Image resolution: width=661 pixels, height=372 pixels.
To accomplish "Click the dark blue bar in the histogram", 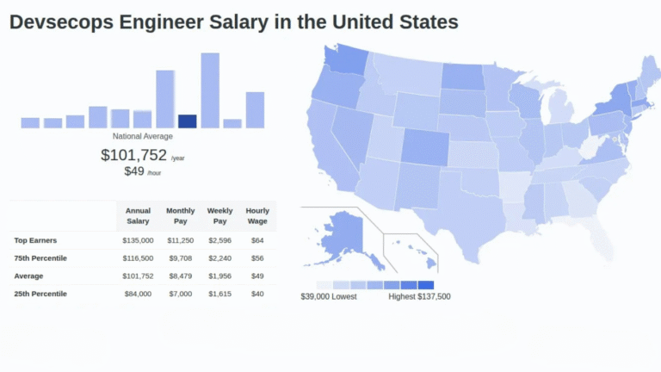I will tap(187, 121).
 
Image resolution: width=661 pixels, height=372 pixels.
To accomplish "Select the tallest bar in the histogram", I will tap(210, 90).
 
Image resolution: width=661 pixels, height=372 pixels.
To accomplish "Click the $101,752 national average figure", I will tap(133, 155).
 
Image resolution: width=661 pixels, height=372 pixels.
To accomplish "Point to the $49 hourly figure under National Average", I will tap(134, 170).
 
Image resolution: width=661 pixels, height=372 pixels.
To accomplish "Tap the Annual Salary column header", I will tap(138, 216).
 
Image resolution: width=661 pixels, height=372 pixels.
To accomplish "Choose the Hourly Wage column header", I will tap(257, 216).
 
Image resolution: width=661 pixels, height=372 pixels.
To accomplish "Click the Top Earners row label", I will tap(35, 240).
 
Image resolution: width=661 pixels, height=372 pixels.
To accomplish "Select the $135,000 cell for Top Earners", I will tap(138, 240).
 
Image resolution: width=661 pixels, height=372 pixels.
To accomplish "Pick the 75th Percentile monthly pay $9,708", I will tap(181, 258).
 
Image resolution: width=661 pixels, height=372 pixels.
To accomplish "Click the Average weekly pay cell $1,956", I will tap(219, 276).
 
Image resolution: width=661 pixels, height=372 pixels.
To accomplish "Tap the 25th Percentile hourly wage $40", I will tap(257, 294).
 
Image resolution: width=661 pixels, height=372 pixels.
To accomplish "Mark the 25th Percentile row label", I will tap(40, 294).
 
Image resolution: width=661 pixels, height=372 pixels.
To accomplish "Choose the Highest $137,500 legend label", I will tap(419, 297).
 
